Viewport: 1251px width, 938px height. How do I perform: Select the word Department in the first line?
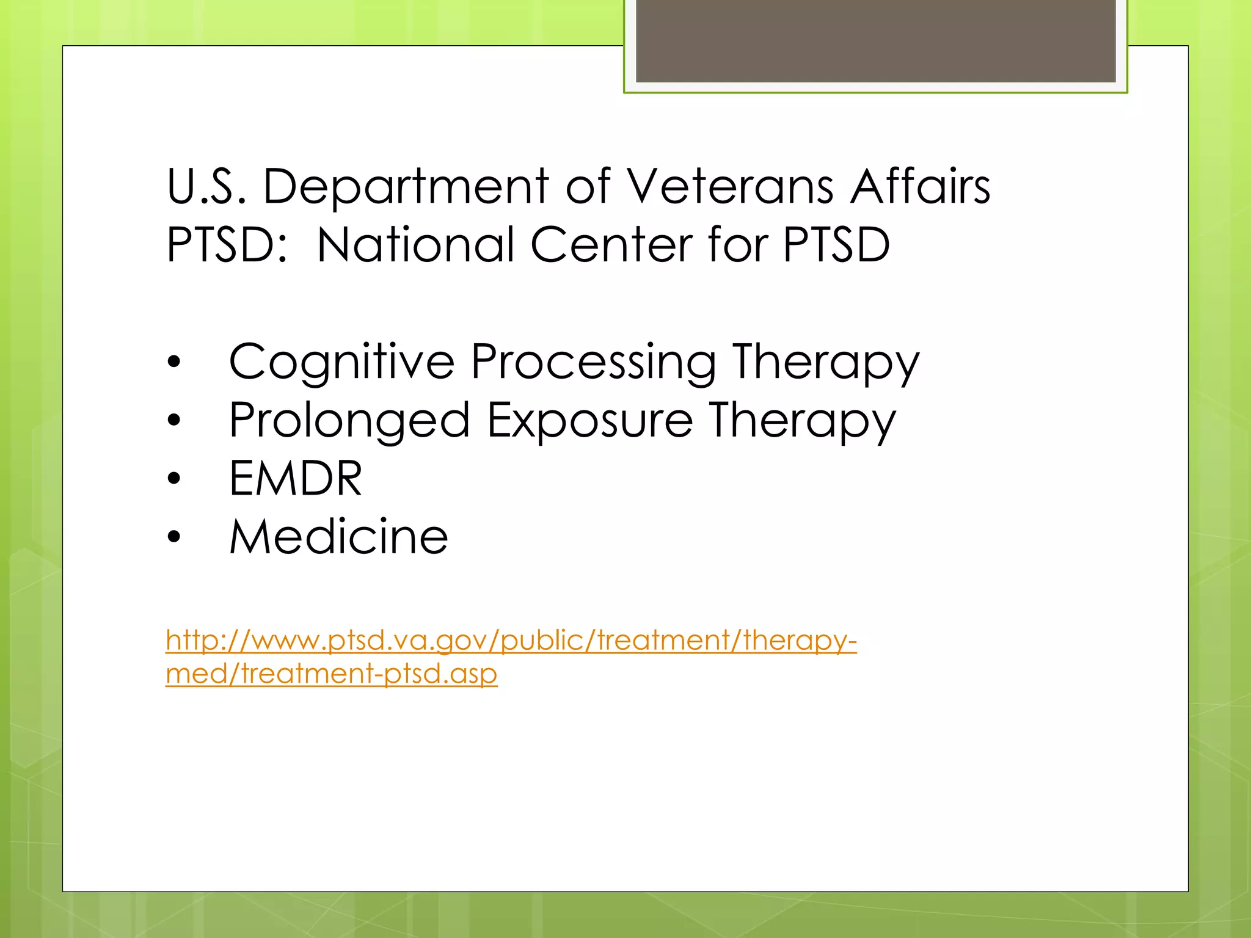pyautogui.click(x=406, y=186)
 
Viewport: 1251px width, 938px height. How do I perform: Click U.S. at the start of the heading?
pyautogui.click(x=206, y=186)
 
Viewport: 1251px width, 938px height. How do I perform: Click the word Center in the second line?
pyautogui.click(x=611, y=245)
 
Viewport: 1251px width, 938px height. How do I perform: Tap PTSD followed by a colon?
pyautogui.click(x=226, y=245)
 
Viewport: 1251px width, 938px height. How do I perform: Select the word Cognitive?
pyautogui.click(x=341, y=362)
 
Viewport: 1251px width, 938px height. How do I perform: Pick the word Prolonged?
pyautogui.click(x=349, y=421)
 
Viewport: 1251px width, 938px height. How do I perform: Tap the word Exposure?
pyautogui.click(x=590, y=421)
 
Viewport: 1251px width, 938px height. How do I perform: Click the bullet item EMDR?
pyautogui.click(x=296, y=478)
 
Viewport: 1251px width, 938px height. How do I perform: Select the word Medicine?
pyautogui.click(x=338, y=537)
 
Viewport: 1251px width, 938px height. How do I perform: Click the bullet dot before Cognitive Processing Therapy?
pyautogui.click(x=174, y=362)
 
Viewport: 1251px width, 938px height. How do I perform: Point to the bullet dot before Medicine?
pyautogui.click(x=174, y=537)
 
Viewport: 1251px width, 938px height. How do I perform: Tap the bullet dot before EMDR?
pyautogui.click(x=174, y=478)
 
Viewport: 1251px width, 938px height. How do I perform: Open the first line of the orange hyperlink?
pyautogui.click(x=511, y=641)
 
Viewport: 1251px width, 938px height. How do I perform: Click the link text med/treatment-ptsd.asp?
pyautogui.click(x=331, y=674)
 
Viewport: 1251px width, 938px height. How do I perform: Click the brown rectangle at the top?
pyautogui.click(x=875, y=40)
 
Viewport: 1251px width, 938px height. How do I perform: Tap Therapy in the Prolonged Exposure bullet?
pyautogui.click(x=802, y=421)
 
